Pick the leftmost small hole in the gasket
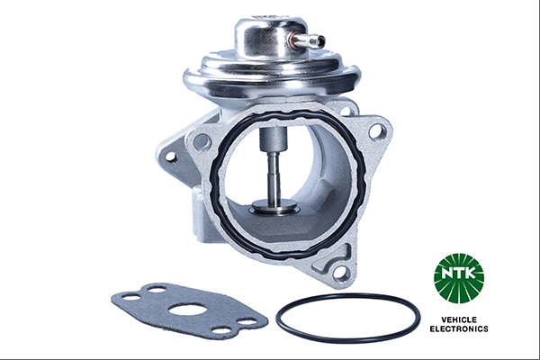point(131,296)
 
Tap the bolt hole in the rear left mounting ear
point(168,157)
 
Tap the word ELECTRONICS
point(459,329)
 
